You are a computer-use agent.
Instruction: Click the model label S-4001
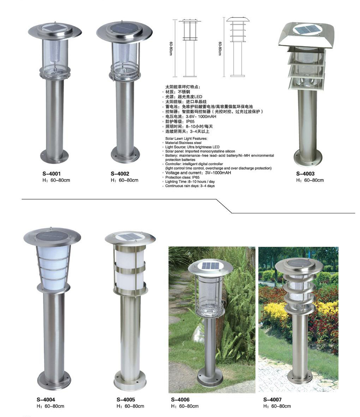coord(52,174)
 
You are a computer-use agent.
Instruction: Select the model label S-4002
coord(120,174)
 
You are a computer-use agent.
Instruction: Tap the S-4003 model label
coord(305,174)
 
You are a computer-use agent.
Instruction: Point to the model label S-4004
coord(46,399)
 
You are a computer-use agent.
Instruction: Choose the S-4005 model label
coord(126,399)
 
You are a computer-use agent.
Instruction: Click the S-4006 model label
coord(180,399)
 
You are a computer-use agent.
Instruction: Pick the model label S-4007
coord(272,399)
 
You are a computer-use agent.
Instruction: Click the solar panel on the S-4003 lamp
coord(307,29)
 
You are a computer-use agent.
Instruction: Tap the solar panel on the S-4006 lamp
coord(210,266)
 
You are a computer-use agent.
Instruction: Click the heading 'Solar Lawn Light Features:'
coord(186,139)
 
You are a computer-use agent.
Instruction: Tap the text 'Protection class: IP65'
coord(182,177)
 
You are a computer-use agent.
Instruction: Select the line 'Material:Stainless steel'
coord(183,143)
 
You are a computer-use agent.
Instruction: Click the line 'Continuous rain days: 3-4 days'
coord(190,186)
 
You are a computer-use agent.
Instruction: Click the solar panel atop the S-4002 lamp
coord(125,28)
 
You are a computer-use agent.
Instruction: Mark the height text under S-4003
coord(310,180)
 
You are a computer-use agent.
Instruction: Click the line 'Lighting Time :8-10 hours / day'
coord(190,182)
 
